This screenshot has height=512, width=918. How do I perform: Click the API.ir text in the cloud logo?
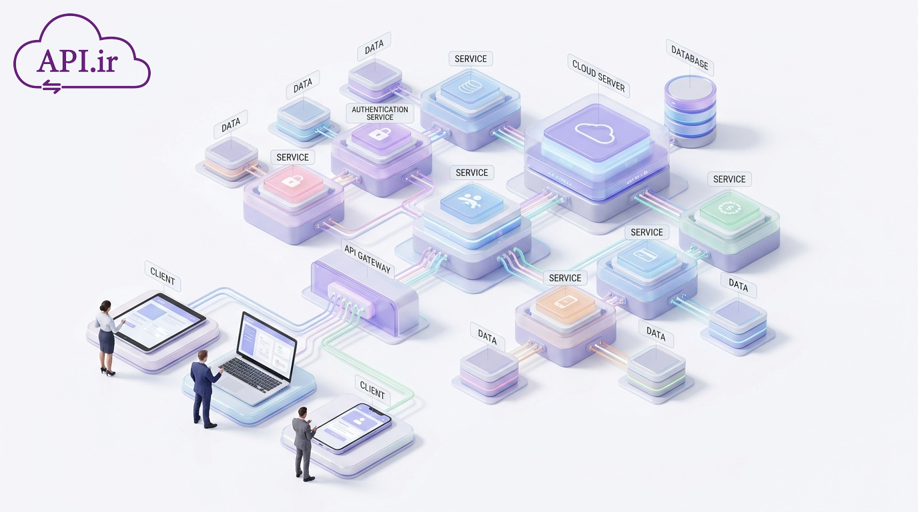(77, 61)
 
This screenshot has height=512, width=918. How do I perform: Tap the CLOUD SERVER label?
(598, 76)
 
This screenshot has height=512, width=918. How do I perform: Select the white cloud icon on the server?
(594, 133)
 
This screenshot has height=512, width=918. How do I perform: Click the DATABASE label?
(690, 57)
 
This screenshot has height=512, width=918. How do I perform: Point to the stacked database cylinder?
(690, 111)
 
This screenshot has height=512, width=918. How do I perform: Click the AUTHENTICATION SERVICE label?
(380, 113)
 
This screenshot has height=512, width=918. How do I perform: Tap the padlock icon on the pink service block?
(294, 181)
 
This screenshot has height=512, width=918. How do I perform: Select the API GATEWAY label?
(368, 259)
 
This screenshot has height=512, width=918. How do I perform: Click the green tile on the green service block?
(729, 209)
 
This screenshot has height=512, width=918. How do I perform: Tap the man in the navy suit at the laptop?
(205, 389)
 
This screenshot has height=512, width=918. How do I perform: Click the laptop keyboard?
(250, 375)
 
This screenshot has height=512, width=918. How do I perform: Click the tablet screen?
(159, 321)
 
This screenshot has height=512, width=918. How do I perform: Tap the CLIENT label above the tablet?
(162, 277)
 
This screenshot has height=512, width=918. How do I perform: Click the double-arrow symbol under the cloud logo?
(52, 87)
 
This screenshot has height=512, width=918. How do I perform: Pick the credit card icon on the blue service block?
(646, 255)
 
